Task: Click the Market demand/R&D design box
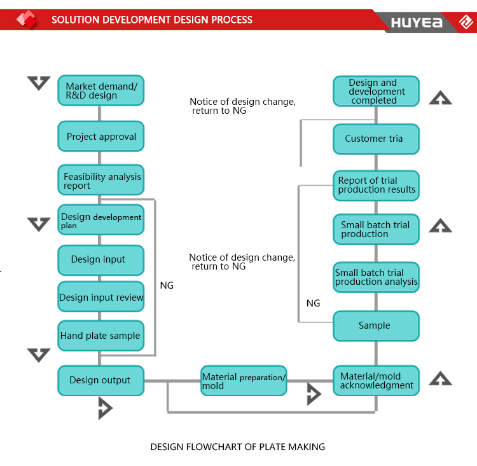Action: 100,90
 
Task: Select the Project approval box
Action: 100,136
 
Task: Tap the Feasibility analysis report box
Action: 100,180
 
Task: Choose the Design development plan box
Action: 100,220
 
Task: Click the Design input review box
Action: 100,296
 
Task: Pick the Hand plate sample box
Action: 100,336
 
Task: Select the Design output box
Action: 100,381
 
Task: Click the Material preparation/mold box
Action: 244,381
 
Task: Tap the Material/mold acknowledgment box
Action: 377,381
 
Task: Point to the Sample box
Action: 377,326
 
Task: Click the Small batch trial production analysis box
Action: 377,277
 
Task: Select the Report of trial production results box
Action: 377,186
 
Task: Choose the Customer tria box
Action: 377,139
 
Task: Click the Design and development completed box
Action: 377,91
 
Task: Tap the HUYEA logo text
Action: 417,22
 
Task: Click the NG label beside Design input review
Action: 167,285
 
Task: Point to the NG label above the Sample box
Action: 313,303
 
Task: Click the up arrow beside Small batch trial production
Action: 440,226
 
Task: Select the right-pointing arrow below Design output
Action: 105,408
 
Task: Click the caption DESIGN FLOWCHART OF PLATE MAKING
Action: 238,447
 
